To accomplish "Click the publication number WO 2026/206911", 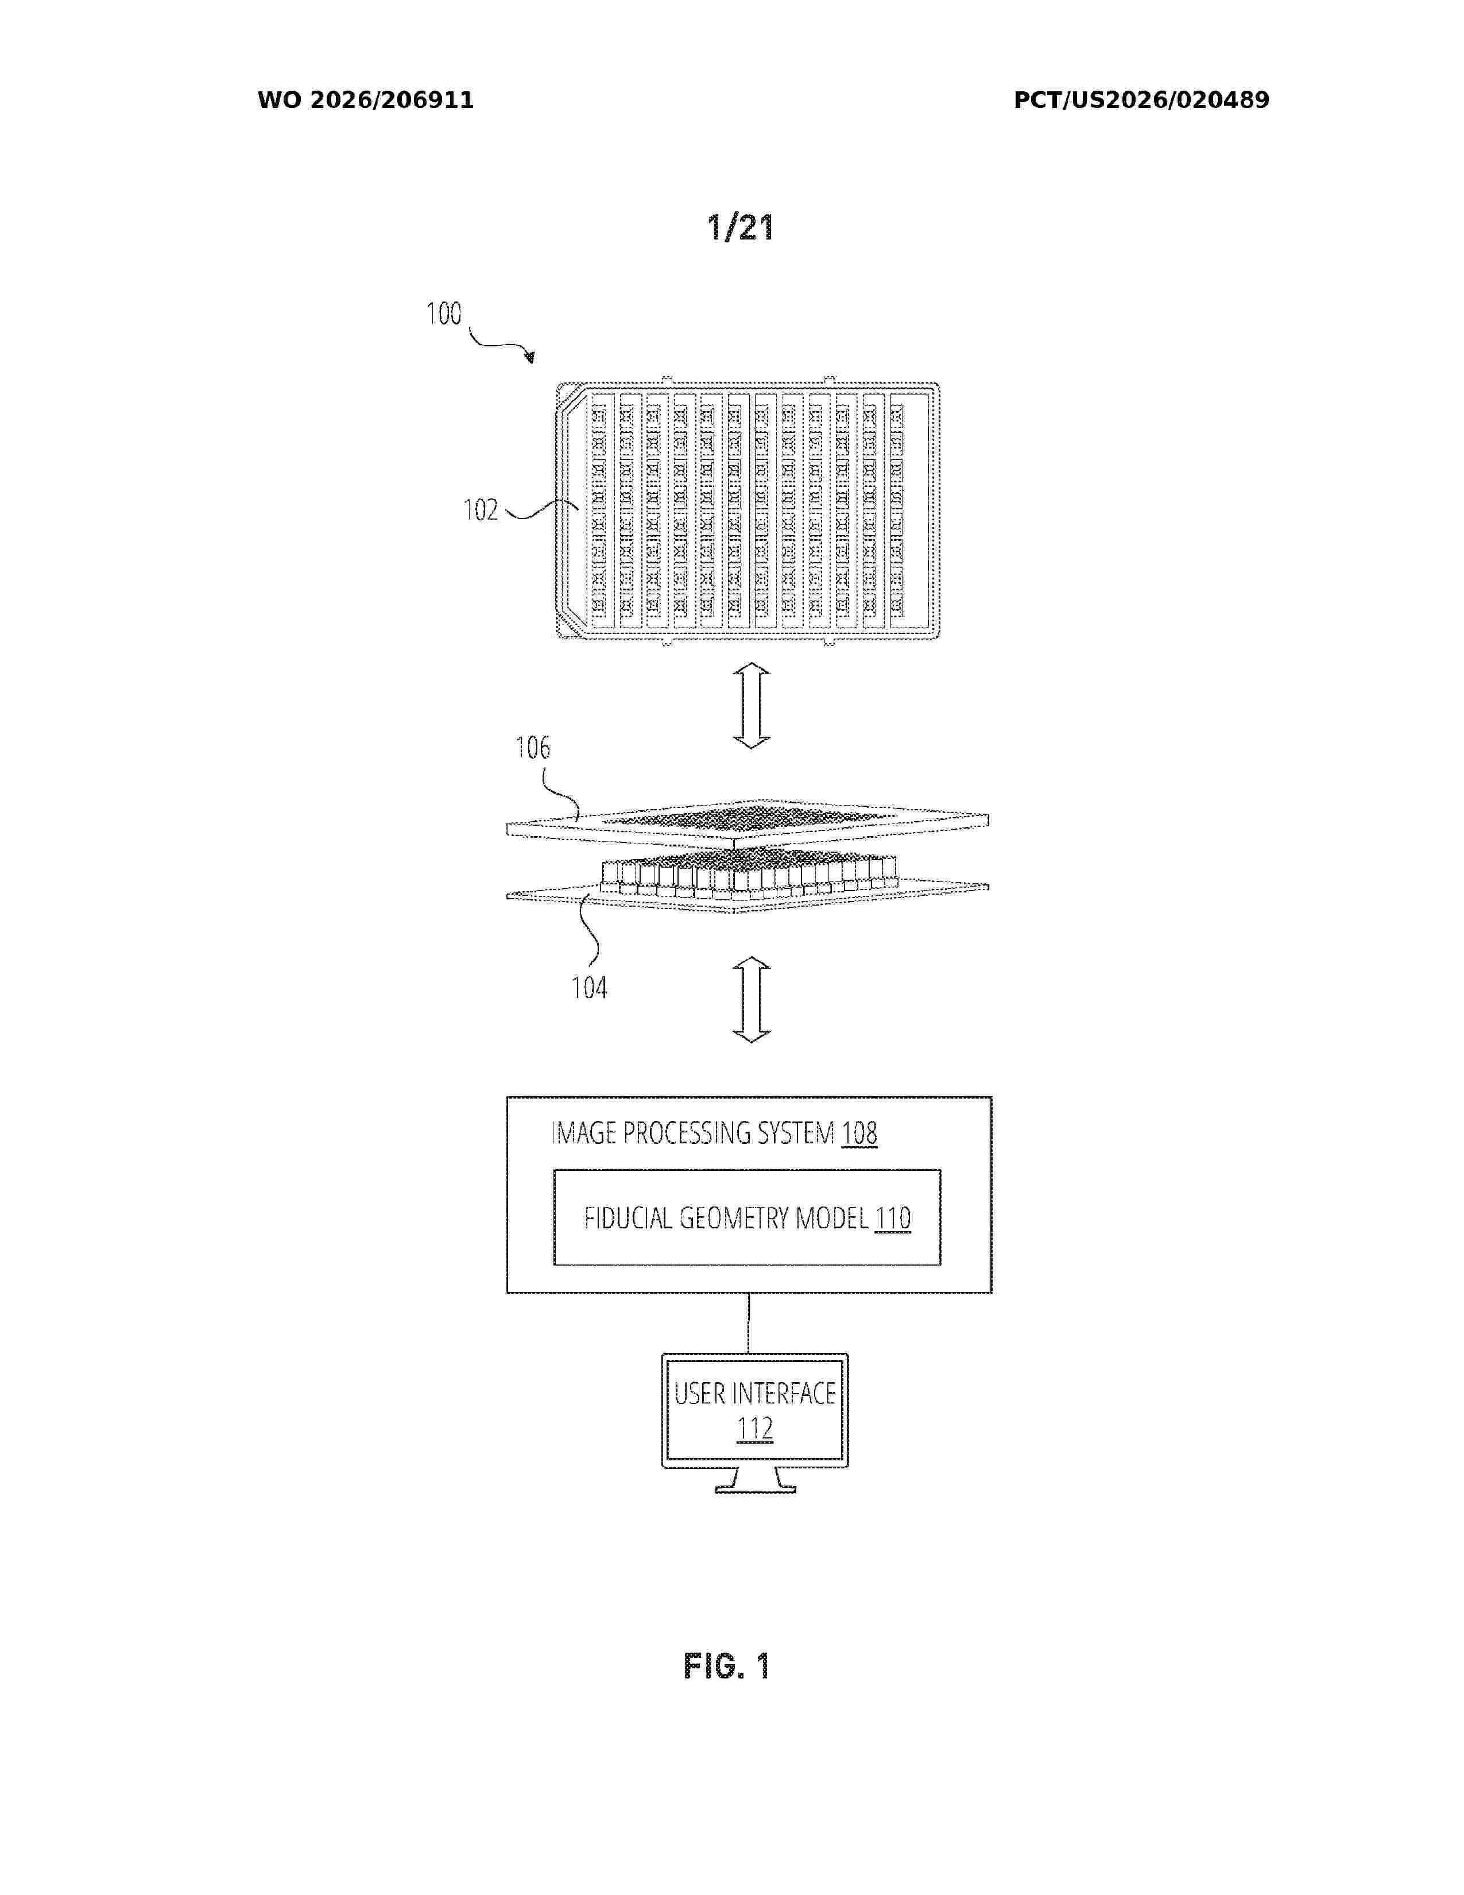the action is (365, 100).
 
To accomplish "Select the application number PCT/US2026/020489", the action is (1141, 100).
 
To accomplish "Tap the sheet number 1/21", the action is (740, 227).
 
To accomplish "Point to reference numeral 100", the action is (444, 313).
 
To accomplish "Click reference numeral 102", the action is (481, 509).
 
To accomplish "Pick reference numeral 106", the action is (533, 747).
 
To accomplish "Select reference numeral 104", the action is (589, 988).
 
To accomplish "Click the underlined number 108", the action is (859, 1133).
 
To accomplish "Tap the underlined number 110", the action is (892, 1218).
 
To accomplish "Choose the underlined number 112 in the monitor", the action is (754, 1429).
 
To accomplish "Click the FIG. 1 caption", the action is (727, 1666).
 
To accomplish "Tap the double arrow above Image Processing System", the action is (751, 1000).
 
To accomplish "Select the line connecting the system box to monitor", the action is (749, 1323).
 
